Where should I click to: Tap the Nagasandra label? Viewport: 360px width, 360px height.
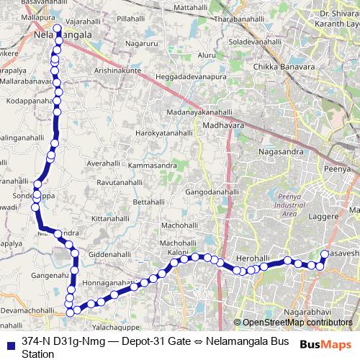[x=282, y=153]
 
